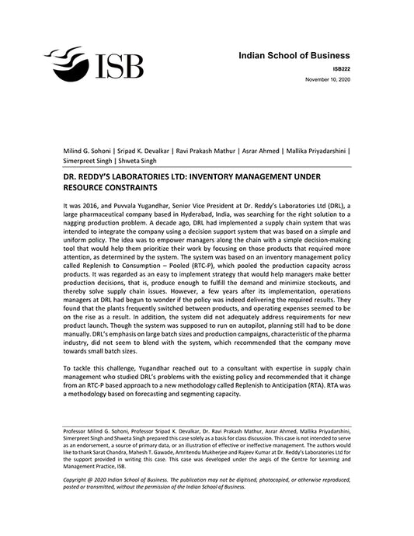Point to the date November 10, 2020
(x=327, y=80)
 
